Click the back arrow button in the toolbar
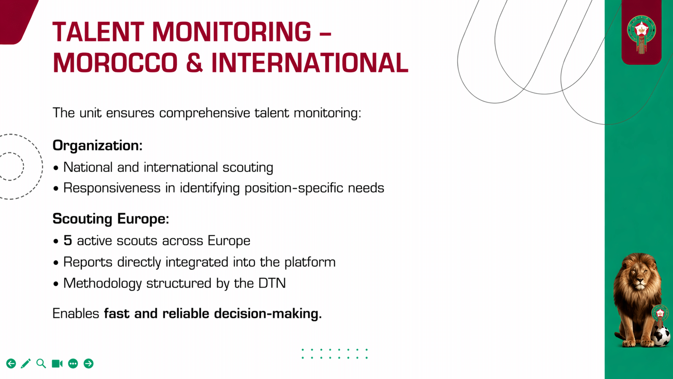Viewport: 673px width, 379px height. [x=11, y=364]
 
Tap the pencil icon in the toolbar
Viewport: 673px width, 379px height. [x=26, y=364]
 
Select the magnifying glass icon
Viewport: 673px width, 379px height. [x=41, y=364]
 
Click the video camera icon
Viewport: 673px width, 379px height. [x=57, y=364]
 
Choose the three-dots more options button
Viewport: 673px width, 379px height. [x=73, y=364]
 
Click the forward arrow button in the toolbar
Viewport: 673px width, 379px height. [x=89, y=364]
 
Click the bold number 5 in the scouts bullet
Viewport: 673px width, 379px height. [x=68, y=241]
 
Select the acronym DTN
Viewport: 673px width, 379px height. [x=272, y=284]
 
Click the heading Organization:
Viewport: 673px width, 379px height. [x=97, y=145]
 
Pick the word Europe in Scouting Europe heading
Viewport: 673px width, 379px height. [x=143, y=219]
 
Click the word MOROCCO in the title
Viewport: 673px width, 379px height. [x=115, y=63]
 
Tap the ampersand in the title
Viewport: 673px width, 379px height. [x=194, y=63]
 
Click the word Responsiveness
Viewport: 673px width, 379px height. [x=112, y=188]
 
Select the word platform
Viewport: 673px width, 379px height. [x=310, y=262]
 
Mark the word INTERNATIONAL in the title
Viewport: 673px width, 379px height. [x=310, y=63]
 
